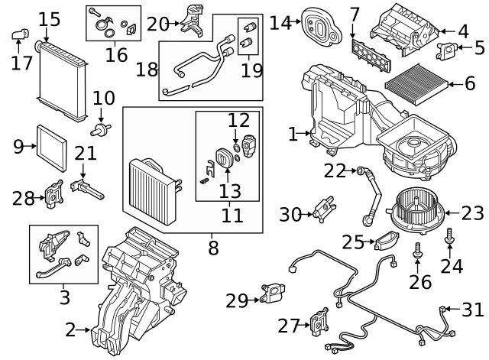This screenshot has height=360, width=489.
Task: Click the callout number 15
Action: [49, 18]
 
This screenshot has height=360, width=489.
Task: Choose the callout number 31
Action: [474, 310]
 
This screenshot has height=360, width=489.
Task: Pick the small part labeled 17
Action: [21, 34]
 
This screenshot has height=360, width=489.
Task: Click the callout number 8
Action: [212, 248]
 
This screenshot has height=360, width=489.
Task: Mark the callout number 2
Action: [70, 330]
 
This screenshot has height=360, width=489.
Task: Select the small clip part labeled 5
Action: [447, 50]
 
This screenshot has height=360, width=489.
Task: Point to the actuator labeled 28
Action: [54, 193]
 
